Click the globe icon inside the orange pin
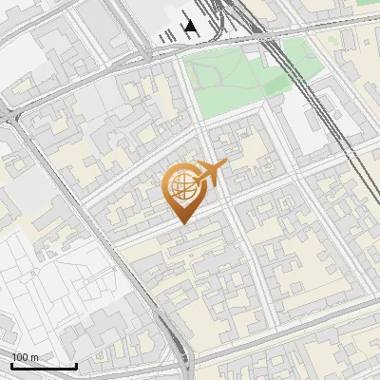point(181,186)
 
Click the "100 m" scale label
point(25,357)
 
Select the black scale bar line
point(44,366)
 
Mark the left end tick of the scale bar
point(11,364)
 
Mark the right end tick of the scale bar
point(76,364)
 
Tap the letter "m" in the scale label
point(35,357)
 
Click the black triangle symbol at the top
point(191,27)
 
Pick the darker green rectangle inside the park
point(276,85)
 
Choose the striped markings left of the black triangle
point(167,35)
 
